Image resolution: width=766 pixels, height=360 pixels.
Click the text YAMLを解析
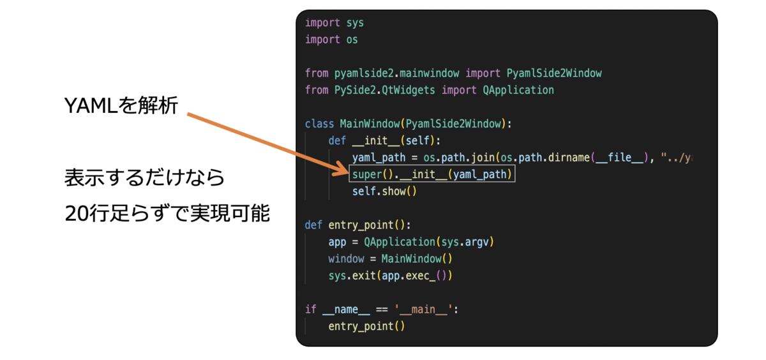coord(121,106)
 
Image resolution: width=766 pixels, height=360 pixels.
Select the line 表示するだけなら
coord(145,177)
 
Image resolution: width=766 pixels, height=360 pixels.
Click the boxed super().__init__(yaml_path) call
coord(432,174)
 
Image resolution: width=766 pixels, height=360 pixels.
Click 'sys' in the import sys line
coord(355,23)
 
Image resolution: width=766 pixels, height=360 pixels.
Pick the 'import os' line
coord(331,40)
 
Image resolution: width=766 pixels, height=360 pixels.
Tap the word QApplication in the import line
coord(518,90)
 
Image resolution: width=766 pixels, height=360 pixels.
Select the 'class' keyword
coord(320,123)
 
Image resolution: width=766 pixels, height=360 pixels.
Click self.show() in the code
coord(384,191)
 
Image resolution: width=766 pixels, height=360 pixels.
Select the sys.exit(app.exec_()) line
coord(390,275)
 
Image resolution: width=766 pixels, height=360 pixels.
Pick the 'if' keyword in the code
coord(311,310)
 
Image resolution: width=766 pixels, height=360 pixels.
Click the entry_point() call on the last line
coord(366,326)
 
